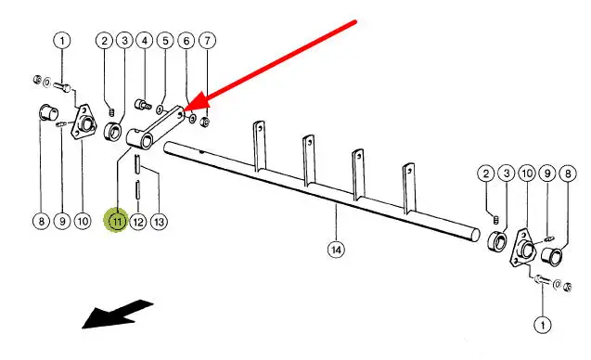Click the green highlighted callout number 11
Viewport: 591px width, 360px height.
(117, 221)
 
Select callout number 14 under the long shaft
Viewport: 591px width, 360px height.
(336, 250)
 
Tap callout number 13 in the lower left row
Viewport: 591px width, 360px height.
(159, 222)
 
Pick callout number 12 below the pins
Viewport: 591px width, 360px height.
(138, 222)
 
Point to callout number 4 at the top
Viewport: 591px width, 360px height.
(145, 41)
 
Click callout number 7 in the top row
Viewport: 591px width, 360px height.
(207, 41)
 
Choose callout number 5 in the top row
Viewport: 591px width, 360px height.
(165, 41)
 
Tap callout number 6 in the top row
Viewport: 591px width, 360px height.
(186, 41)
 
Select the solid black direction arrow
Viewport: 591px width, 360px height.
(118, 314)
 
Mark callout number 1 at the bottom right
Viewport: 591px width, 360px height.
(543, 325)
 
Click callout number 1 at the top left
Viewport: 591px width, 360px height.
(62, 41)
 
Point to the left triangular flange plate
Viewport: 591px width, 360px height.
(83, 123)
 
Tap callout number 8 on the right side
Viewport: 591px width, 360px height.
(568, 174)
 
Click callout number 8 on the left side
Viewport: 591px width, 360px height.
(41, 221)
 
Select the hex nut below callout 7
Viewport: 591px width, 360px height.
(205, 122)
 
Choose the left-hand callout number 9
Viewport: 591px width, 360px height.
(62, 221)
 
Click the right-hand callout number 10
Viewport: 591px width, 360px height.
(527, 174)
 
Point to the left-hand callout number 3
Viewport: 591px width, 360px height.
(124, 41)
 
